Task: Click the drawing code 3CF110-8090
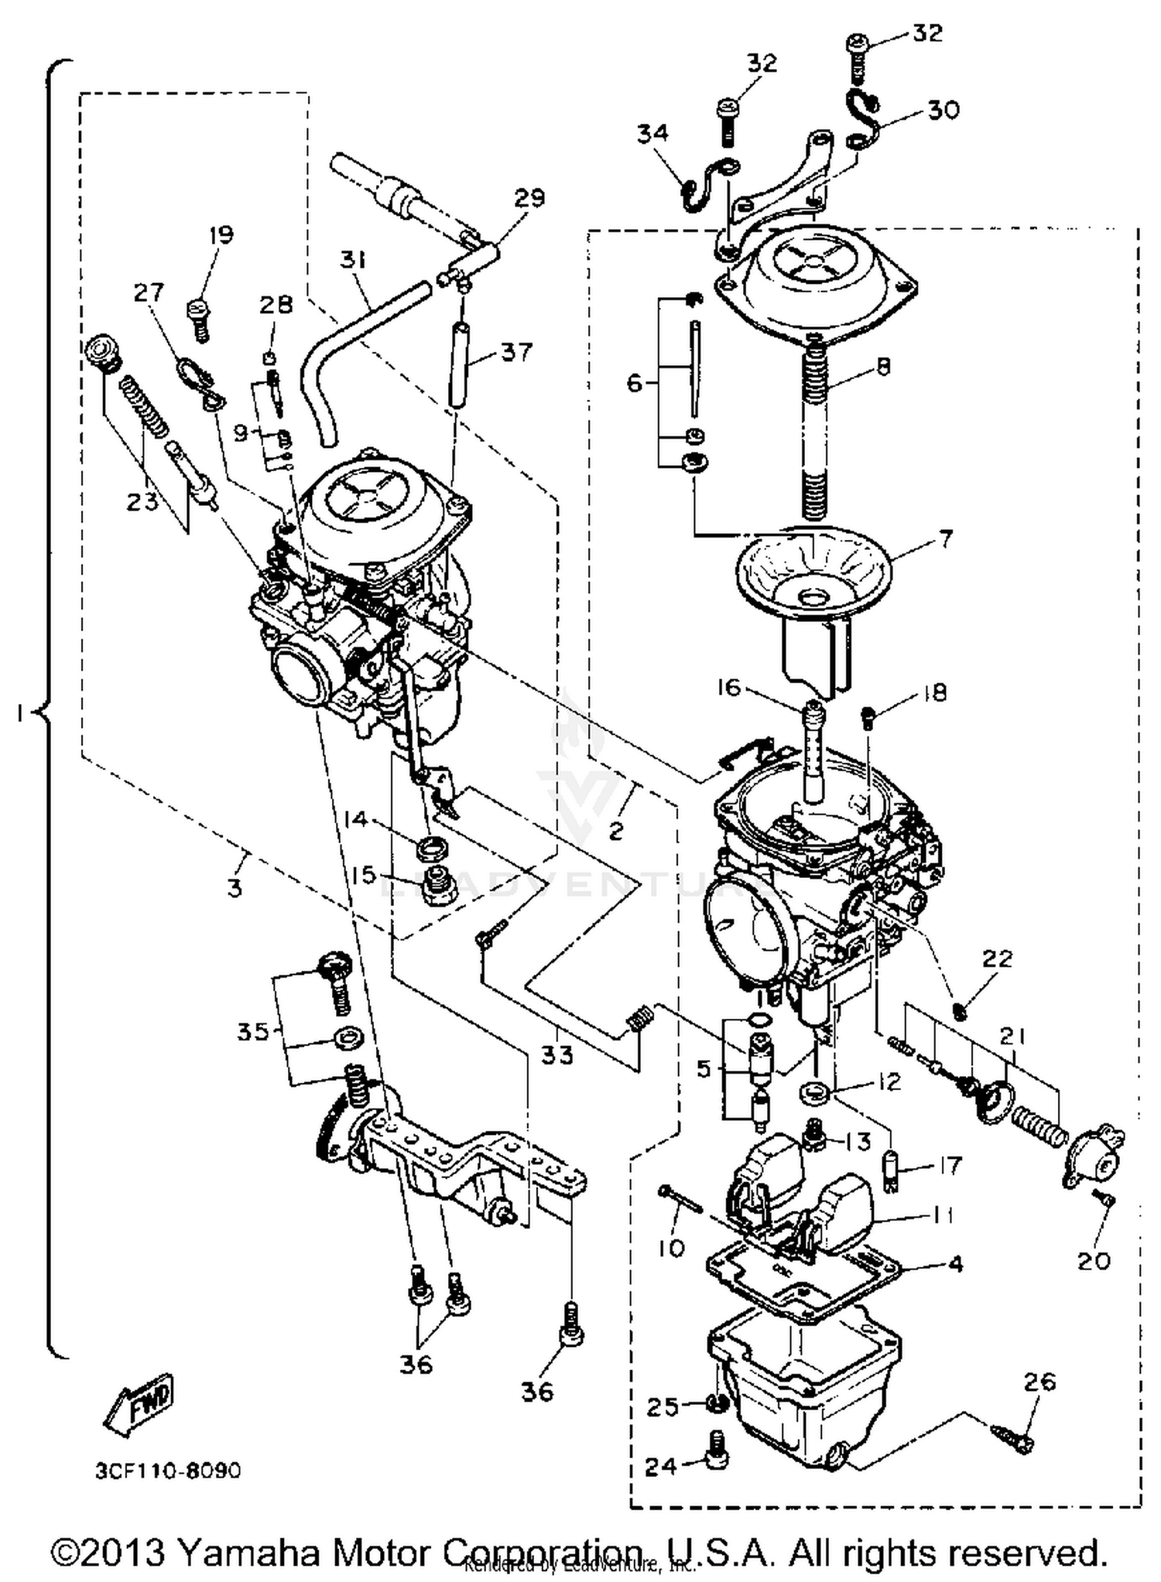pos(167,1470)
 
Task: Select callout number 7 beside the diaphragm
pos(945,537)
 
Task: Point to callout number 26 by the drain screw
pos(1039,1381)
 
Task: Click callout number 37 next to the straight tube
pos(516,352)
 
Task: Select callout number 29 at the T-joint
pos(529,197)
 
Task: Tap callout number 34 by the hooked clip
pos(652,133)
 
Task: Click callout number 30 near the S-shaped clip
pos(943,109)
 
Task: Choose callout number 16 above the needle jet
pos(728,687)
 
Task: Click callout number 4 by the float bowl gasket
pos(955,1264)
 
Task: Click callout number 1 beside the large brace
pos(19,715)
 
